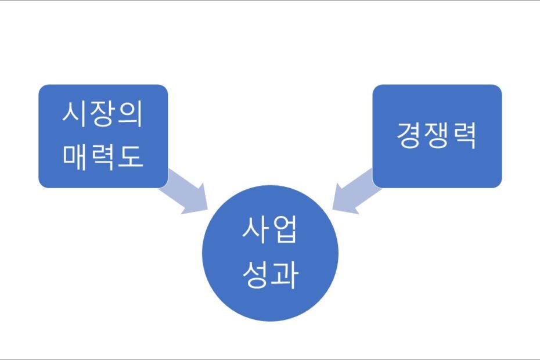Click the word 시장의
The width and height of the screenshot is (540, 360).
pyautogui.click(x=102, y=114)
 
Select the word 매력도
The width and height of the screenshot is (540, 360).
pyautogui.click(x=103, y=157)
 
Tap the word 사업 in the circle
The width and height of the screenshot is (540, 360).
pyautogui.click(x=269, y=230)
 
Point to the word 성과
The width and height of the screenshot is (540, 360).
pyautogui.click(x=270, y=275)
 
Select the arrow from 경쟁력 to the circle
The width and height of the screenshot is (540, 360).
pyautogui.click(x=357, y=192)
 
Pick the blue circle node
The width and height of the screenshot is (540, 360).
pyautogui.click(x=270, y=253)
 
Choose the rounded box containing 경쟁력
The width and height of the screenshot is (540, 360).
pyautogui.click(x=437, y=136)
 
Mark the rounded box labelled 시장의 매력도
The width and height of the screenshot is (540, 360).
pyautogui.click(x=103, y=136)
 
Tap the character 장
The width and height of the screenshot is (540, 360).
pyautogui.click(x=102, y=114)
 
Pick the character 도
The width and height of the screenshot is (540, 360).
pyautogui.click(x=131, y=157)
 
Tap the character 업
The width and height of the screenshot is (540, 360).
pyautogui.click(x=285, y=230)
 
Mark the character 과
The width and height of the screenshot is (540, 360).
pyautogui.click(x=285, y=275)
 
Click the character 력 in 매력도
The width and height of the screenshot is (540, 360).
pyautogui.click(x=102, y=157)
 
